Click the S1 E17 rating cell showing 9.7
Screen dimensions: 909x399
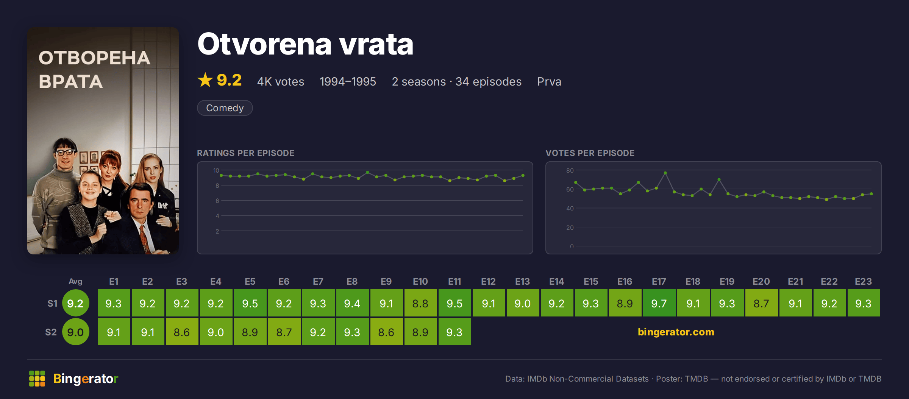(x=659, y=303)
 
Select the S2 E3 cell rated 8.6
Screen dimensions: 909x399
(x=182, y=332)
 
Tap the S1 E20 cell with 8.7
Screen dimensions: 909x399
(x=761, y=303)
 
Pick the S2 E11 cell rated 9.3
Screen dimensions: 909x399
(x=454, y=332)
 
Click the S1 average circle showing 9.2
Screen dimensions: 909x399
(x=75, y=303)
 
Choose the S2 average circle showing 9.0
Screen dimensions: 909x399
(x=75, y=332)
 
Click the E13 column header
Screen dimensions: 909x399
(x=522, y=282)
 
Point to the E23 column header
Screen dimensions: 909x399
(x=863, y=282)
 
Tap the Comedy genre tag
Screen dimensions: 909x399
(x=225, y=108)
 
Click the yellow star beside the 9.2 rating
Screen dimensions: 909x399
(x=205, y=80)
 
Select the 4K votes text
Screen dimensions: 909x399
(x=281, y=81)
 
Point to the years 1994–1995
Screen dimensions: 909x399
(x=348, y=81)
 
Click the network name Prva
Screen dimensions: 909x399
(x=549, y=81)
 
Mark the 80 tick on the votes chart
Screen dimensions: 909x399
(x=570, y=170)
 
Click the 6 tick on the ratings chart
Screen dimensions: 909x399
(x=217, y=201)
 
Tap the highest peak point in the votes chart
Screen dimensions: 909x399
(x=665, y=173)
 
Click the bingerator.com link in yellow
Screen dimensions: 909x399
(x=676, y=332)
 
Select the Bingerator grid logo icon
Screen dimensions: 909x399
(x=37, y=379)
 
